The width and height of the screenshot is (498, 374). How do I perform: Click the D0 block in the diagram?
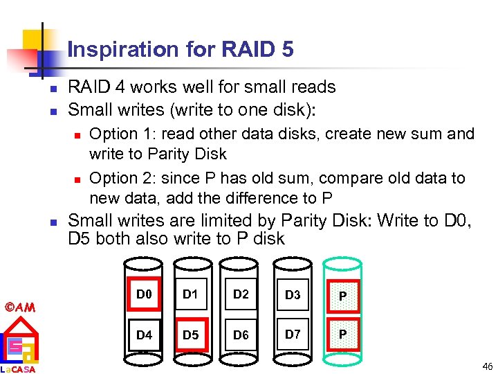coord(144,296)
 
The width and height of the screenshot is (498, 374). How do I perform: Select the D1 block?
coord(190,296)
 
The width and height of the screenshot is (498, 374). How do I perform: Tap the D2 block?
coord(241,296)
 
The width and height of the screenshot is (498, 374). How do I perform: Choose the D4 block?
coord(144,335)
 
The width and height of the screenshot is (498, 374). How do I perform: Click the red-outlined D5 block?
coord(190,335)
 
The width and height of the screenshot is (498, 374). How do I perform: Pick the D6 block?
coord(241,336)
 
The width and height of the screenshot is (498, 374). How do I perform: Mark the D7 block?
coord(293,335)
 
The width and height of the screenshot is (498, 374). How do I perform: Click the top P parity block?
coord(342,296)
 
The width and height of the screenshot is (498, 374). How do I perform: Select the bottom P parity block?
coord(342,335)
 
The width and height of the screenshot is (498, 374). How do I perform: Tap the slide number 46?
coord(488,366)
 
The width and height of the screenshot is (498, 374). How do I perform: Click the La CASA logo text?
coord(19,369)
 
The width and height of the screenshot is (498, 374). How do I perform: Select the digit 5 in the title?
coord(288,50)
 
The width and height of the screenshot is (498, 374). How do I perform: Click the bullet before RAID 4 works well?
coord(53,89)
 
